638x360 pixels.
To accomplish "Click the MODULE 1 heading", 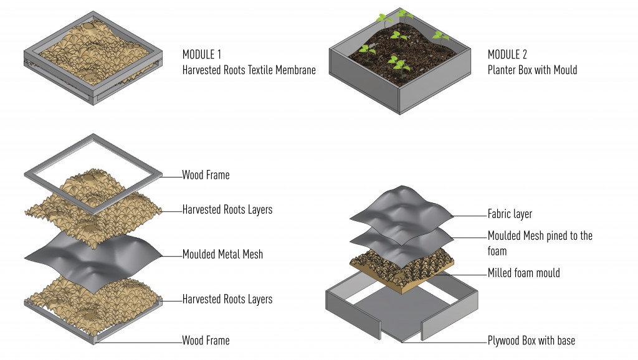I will [202, 54].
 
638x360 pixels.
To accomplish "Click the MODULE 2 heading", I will [507, 54].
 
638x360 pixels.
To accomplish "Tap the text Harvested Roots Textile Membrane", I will [249, 70].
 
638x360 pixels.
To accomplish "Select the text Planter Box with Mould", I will [532, 70].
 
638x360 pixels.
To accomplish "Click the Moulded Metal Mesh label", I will [222, 254].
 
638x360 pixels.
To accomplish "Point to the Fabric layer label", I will [510, 214].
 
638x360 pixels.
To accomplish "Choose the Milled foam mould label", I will [523, 273].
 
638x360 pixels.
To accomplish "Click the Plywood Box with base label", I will [531, 341].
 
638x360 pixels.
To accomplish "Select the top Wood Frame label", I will [206, 175].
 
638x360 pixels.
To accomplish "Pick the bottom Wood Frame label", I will [206, 341].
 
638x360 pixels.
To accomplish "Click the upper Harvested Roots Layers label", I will [227, 209].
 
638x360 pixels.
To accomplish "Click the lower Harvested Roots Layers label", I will [227, 300].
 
